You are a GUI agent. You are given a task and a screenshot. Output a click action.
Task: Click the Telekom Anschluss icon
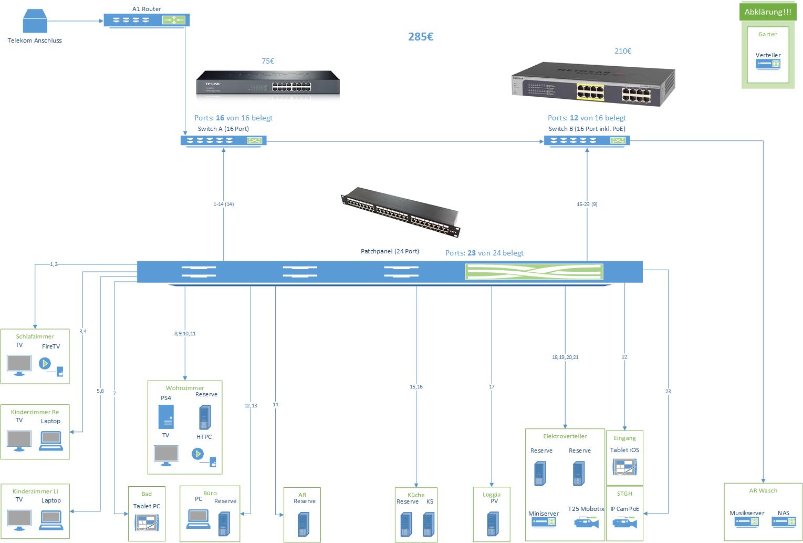click(x=35, y=22)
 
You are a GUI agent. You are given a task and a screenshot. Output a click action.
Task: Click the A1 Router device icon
click(x=146, y=21)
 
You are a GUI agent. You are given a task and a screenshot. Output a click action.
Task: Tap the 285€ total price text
click(x=421, y=37)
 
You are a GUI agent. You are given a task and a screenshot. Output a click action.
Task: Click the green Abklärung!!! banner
click(x=767, y=12)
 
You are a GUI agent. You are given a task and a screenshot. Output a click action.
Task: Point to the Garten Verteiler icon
click(x=768, y=64)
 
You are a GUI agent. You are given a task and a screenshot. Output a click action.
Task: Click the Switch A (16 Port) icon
click(x=223, y=140)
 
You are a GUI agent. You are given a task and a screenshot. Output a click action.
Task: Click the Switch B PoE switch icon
click(x=587, y=140)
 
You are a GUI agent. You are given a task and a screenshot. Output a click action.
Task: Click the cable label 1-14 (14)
click(x=223, y=204)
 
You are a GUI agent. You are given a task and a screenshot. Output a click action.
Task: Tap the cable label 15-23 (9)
click(x=587, y=204)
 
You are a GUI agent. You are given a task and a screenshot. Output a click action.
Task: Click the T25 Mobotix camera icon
click(x=586, y=522)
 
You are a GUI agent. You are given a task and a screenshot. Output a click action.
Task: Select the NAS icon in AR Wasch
click(x=784, y=521)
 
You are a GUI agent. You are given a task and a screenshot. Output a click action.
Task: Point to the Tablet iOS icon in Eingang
click(x=624, y=467)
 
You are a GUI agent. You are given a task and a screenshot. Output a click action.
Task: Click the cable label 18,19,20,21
click(x=565, y=357)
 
